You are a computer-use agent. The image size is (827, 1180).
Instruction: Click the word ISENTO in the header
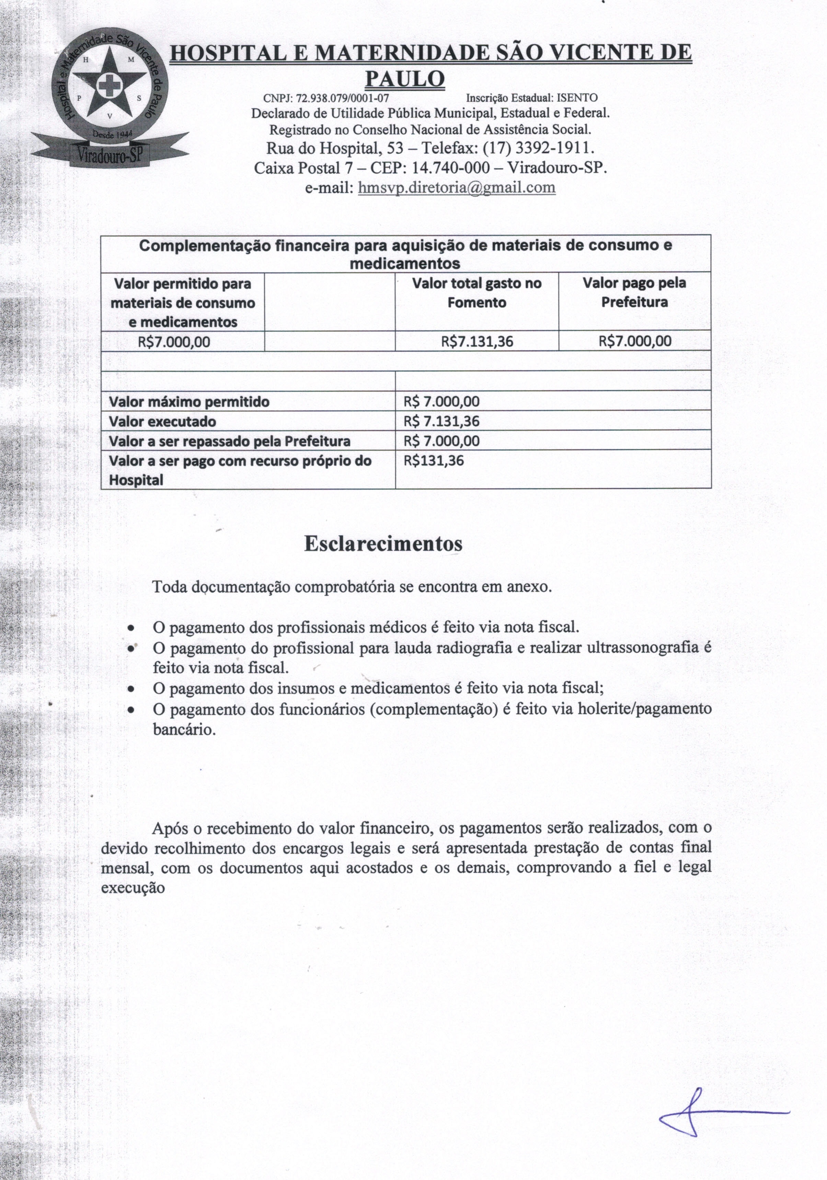point(579,98)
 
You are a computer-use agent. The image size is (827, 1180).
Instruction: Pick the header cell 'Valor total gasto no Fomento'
point(476,293)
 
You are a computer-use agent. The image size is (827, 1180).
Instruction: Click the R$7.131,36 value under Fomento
point(476,341)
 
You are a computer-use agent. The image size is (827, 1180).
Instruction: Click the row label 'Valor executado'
point(162,422)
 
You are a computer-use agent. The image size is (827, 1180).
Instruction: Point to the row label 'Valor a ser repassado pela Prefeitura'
point(229,441)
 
